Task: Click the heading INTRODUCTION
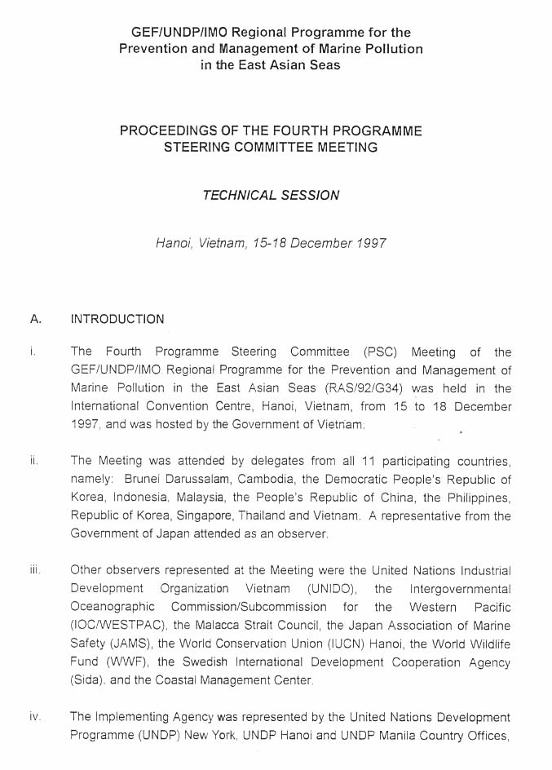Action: pos(117,319)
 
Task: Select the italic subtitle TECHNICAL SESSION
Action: pos(272,196)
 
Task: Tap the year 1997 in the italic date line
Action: pos(371,243)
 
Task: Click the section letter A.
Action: pos(35,319)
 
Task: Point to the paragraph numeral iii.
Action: pos(35,571)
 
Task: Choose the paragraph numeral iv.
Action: pos(35,718)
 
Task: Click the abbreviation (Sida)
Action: pos(88,680)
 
